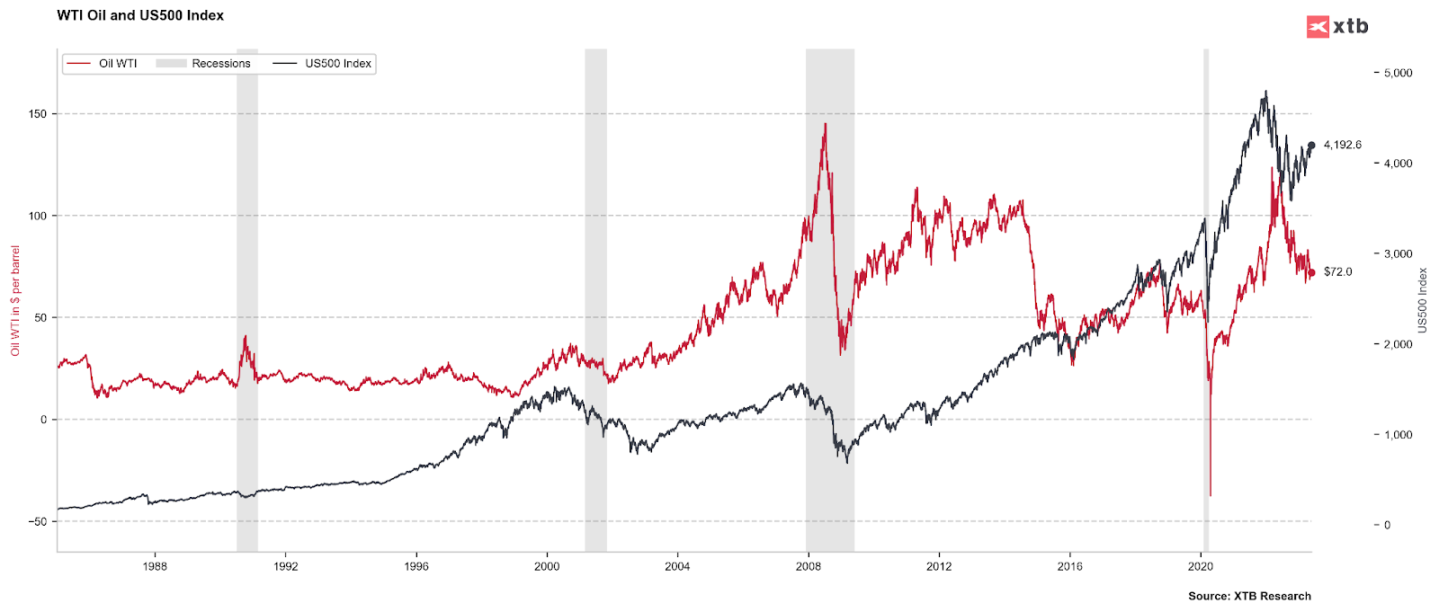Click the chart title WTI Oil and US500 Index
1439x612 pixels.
pos(140,15)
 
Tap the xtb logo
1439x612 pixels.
pos(1337,26)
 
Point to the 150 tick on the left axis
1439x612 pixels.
pos(37,114)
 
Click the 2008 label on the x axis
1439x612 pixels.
pos(808,566)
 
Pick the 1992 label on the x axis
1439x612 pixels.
pos(285,566)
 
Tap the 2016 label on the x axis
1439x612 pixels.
pos(1069,566)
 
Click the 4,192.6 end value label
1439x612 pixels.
pos(1342,145)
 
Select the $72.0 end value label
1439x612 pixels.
pos(1337,271)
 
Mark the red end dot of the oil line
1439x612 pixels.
pos(1311,272)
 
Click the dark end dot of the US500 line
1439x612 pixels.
pos(1311,146)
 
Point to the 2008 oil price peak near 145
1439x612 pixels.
pos(825,125)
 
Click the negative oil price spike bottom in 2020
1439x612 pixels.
pos(1211,494)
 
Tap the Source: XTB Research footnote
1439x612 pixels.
pos(1249,596)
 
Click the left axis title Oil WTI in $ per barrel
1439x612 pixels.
pos(15,300)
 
